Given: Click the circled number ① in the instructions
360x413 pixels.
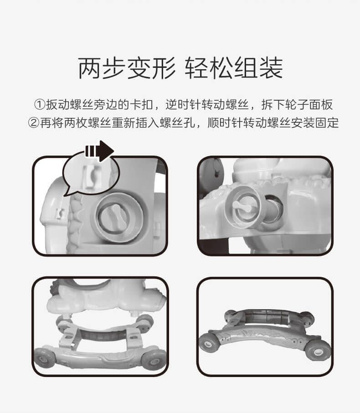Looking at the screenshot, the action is pyautogui.click(x=40, y=105).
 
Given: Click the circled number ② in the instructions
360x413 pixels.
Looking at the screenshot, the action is pyautogui.click(x=34, y=123).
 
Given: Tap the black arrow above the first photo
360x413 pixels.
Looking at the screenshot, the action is pyautogui.click(x=99, y=151).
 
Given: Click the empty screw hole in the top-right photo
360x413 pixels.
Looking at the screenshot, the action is pyautogui.click(x=273, y=208).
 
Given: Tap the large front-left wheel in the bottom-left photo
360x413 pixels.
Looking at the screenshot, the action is pyautogui.click(x=44, y=358).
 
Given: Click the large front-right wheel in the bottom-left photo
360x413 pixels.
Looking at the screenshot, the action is pyautogui.click(x=153, y=360).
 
